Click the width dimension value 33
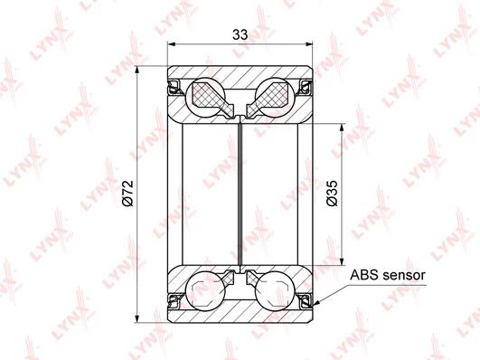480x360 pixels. (240, 34)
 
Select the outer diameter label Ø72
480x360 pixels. (127, 194)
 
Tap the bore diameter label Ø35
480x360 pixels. (332, 194)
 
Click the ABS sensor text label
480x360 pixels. (388, 275)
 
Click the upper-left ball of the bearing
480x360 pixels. (205, 97)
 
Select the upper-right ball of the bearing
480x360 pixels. (275, 97)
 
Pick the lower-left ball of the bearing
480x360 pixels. (205, 290)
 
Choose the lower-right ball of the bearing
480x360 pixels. (275, 290)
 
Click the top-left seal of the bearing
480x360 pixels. (174, 87)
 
